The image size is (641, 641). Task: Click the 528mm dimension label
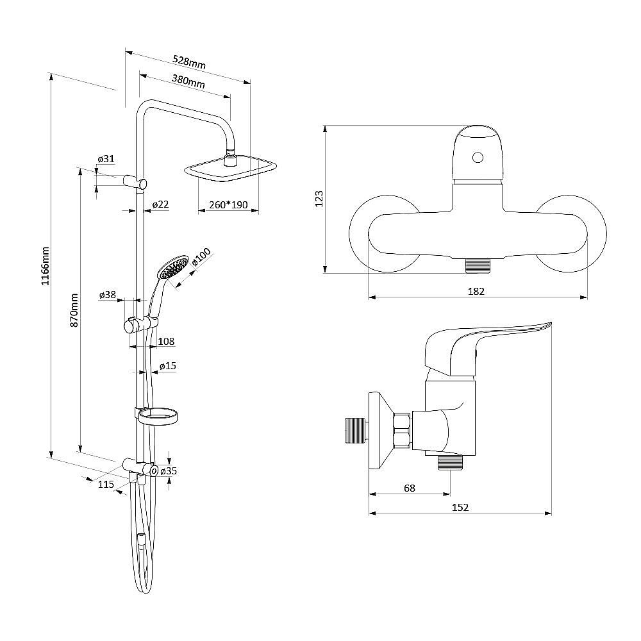(x=189, y=62)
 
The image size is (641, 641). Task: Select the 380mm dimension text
(x=188, y=81)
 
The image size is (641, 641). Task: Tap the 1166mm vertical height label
(x=45, y=266)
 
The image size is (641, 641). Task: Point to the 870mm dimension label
(x=74, y=310)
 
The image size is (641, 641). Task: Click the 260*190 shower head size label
(x=228, y=204)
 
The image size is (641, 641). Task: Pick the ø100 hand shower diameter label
(x=201, y=257)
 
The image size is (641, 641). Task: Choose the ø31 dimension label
(x=106, y=158)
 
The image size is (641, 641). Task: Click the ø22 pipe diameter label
(x=160, y=204)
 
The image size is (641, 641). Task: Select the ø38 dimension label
(x=108, y=294)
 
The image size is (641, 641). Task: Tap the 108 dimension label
(x=166, y=341)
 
